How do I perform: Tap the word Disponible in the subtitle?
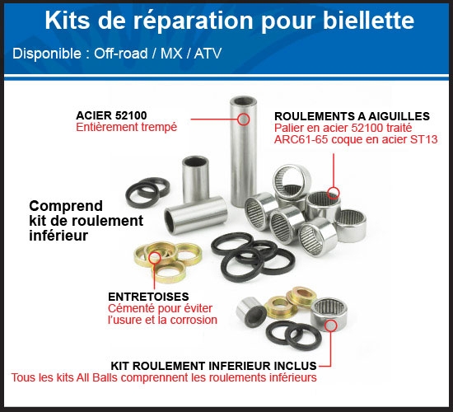coord(49,54)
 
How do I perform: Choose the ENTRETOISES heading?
coord(148,295)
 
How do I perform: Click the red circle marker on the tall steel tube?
coord(243,119)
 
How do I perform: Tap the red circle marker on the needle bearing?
coord(333,194)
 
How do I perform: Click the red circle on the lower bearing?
coord(329,325)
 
